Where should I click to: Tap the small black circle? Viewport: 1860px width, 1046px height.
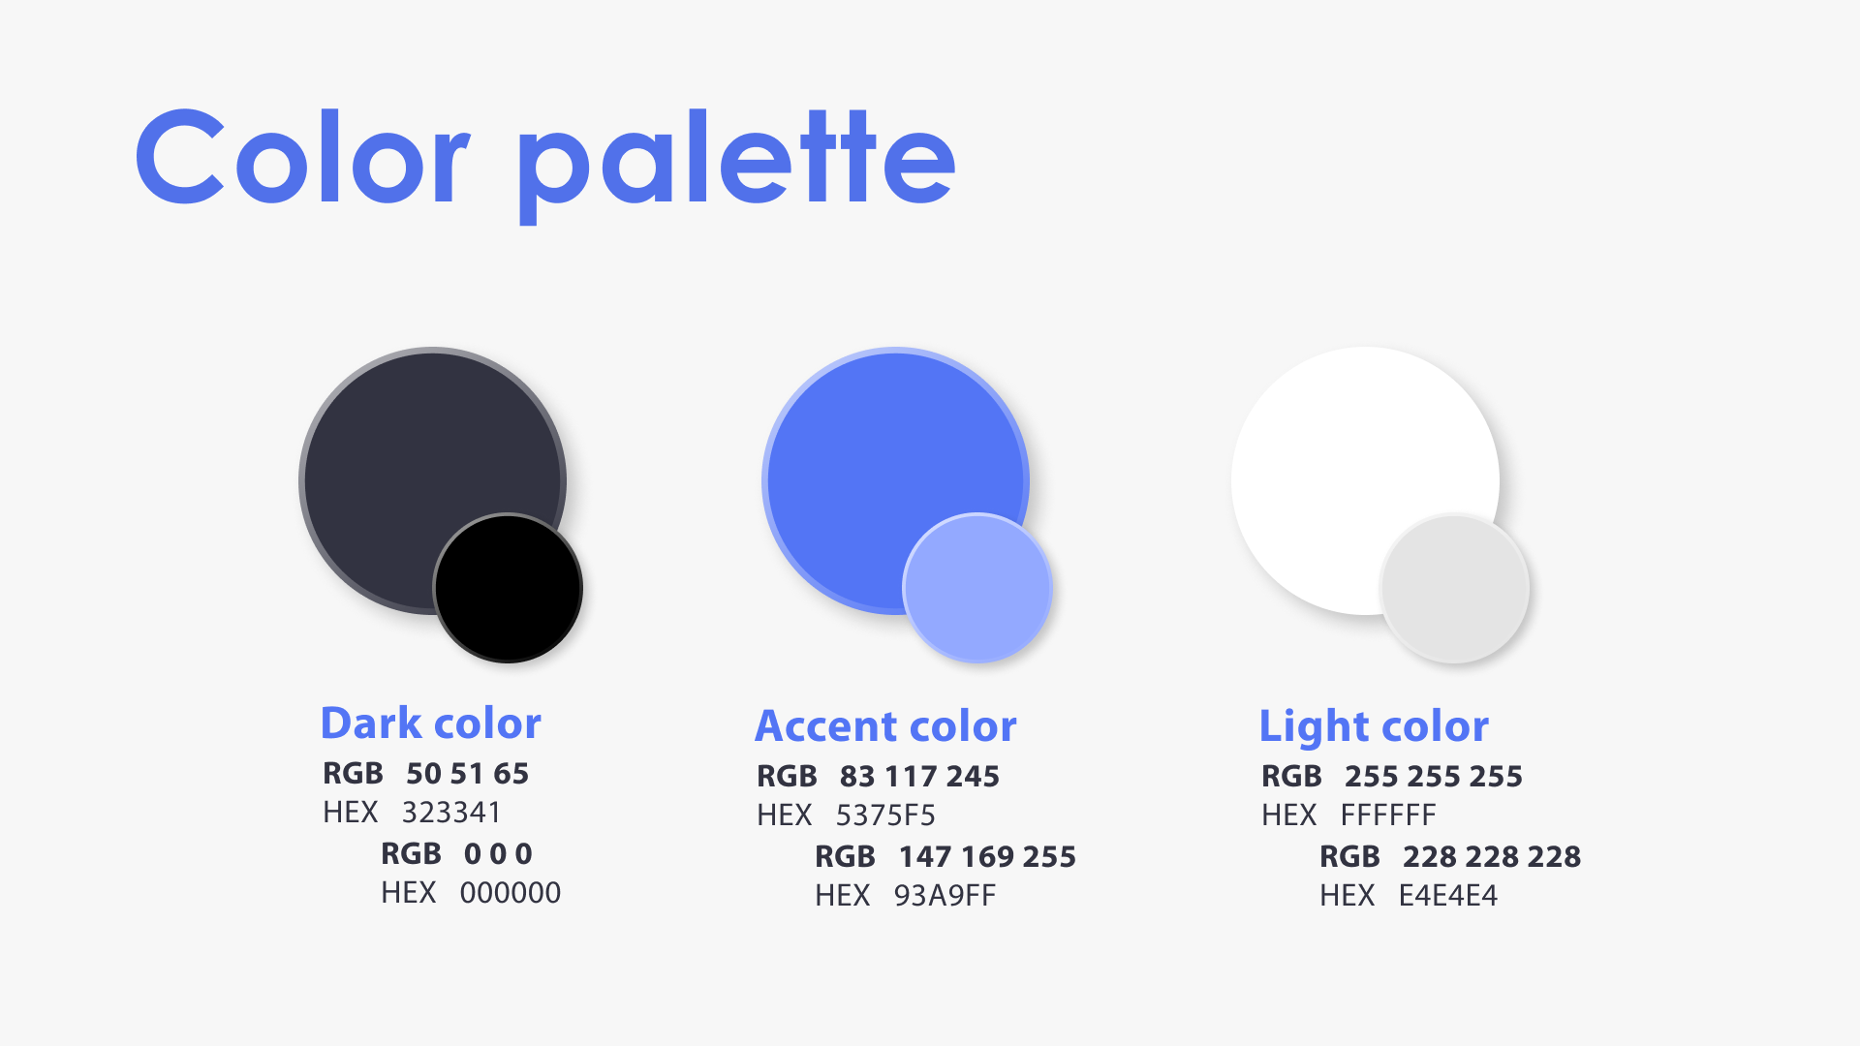508,588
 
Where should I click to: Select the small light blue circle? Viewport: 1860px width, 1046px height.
977,588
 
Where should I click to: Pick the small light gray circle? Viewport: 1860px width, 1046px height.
1454,588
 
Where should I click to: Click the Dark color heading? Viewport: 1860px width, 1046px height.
430,723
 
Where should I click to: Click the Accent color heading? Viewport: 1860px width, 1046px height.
885,726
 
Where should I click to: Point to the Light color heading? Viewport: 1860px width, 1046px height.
1374,727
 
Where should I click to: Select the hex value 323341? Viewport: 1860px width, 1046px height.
451,813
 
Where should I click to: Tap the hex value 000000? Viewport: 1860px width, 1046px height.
511,893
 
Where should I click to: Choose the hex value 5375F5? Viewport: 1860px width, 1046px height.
885,815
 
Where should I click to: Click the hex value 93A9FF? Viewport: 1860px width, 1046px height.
945,896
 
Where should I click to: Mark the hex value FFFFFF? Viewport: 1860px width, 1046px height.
1388,815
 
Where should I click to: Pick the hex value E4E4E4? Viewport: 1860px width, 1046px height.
1448,896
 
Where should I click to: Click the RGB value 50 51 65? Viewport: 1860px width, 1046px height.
468,774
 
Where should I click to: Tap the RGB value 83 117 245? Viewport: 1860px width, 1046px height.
919,777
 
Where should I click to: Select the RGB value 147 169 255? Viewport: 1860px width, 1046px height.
987,857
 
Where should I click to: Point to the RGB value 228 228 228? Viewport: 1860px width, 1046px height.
1492,857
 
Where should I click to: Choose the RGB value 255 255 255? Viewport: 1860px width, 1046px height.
1434,777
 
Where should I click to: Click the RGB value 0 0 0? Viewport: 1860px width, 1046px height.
498,854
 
